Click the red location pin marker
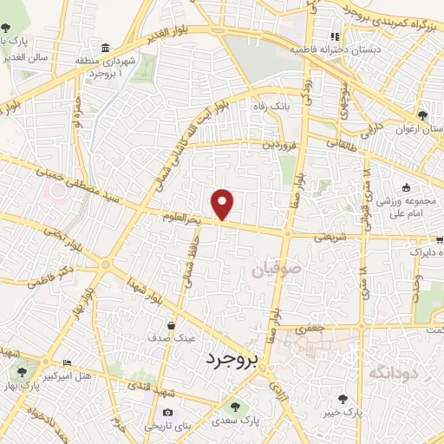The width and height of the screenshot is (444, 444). tap(223, 204)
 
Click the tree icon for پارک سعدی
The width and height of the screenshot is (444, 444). tap(232, 406)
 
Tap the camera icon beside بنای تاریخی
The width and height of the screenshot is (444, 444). tap(167, 412)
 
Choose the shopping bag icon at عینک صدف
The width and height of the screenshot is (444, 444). tap(171, 325)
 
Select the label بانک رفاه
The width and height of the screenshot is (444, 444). tap(294, 107)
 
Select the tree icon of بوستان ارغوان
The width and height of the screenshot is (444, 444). tap(423, 115)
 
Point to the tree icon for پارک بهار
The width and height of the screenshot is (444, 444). tap(22, 372)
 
